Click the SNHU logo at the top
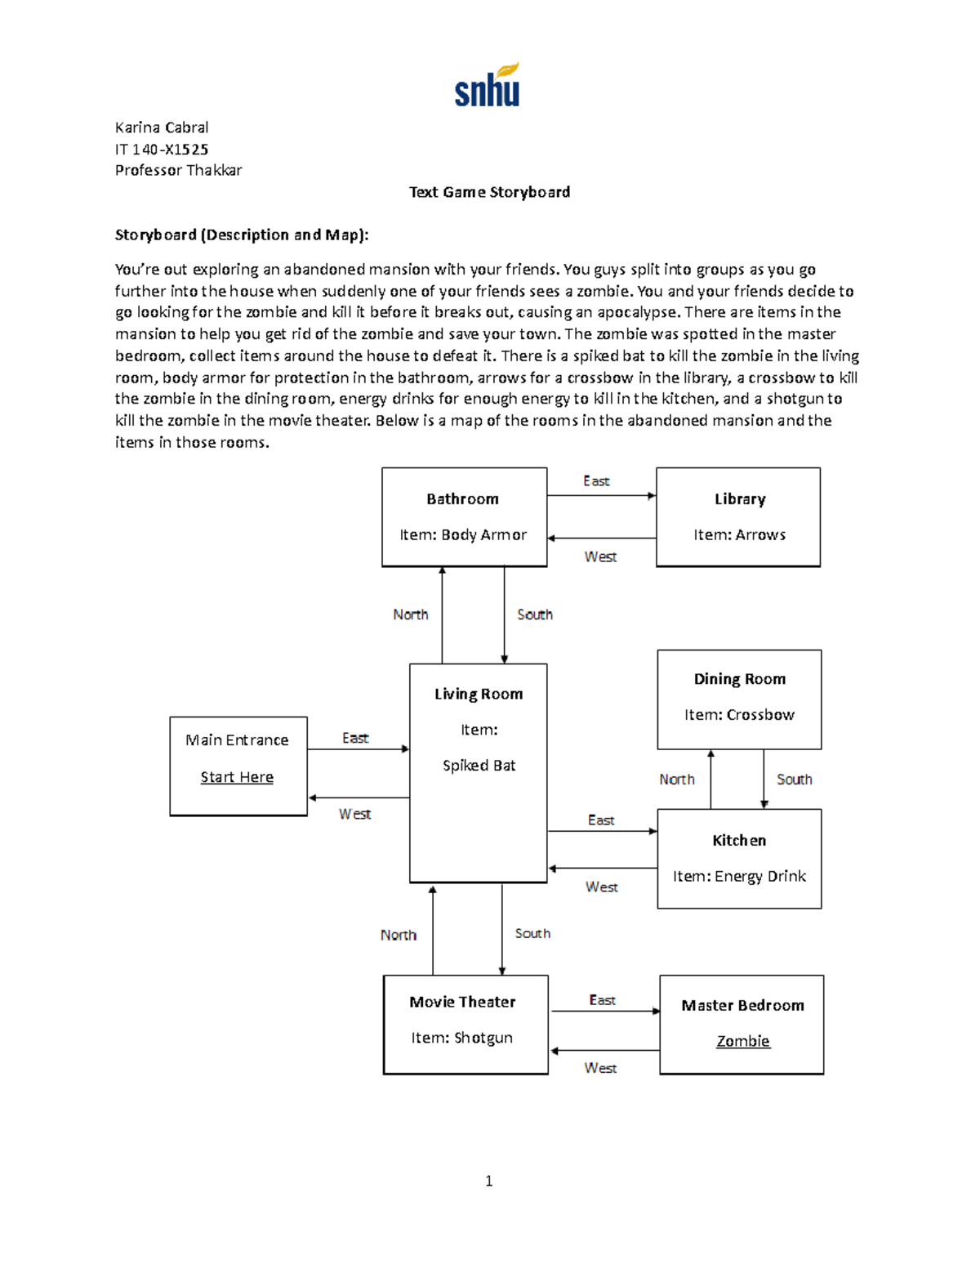pos(487,86)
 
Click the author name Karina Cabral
pos(162,127)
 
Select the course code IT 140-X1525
pos(162,150)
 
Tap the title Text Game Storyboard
pos(489,192)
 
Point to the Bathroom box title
pos(462,499)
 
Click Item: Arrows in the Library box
pos(739,535)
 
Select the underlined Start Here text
pos(237,777)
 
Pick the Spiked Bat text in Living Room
pos(479,766)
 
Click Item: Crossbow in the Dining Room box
pos(739,715)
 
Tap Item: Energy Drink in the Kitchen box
pos(739,877)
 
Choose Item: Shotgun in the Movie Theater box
pos(461,1038)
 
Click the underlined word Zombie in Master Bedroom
pos(742,1041)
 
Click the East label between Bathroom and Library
pos(596,481)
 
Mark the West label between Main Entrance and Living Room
pos(354,814)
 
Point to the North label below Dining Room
pos(677,780)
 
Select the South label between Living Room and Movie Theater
pos(532,933)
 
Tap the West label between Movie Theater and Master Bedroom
pos(600,1068)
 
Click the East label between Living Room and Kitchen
pos(601,820)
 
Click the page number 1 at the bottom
pos(488,1181)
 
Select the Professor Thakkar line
pos(178,171)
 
